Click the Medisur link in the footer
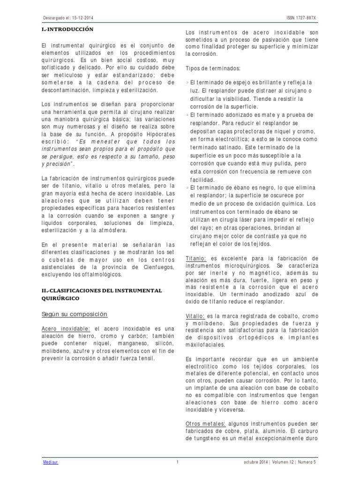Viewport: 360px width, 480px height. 48,462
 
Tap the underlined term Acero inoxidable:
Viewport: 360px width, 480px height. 67,329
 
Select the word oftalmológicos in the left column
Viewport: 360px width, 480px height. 102,273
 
